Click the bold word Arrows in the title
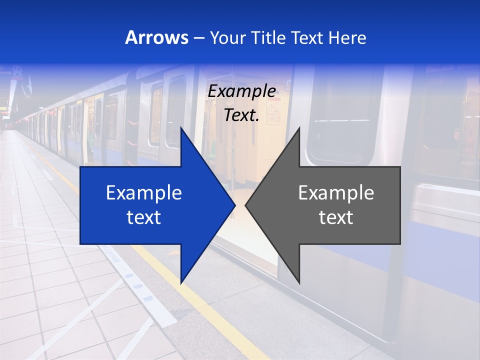156,38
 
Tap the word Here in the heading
347,38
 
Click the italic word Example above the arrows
242,91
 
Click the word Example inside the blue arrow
144,193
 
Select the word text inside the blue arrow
144,217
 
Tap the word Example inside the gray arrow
336,193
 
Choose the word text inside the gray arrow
336,217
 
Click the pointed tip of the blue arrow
234,205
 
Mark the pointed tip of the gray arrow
246,205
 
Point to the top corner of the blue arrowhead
181,128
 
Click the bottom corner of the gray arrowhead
299,282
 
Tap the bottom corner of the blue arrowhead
181,283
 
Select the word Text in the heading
307,38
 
